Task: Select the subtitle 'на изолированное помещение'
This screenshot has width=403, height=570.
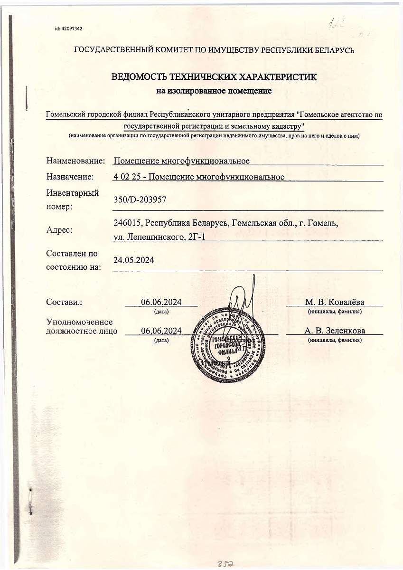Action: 214,90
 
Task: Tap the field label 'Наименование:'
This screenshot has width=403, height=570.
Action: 75,161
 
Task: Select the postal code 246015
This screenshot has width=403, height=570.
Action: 128,223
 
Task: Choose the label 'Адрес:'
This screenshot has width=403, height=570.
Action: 59,230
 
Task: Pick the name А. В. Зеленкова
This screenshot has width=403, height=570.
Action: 335,331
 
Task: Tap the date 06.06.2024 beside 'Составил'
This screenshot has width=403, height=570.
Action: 161,302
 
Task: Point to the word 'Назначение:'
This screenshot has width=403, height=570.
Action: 70,177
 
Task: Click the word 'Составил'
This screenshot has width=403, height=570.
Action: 64,302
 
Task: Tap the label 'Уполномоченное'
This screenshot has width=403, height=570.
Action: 79,323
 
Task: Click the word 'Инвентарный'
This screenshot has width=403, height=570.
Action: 73,193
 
